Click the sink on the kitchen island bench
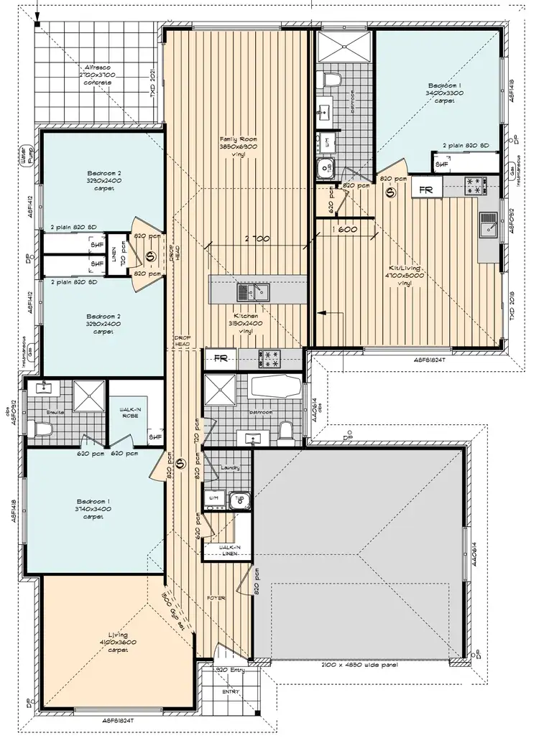(253, 291)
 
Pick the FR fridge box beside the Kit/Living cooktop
(426, 190)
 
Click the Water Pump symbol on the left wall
(27, 157)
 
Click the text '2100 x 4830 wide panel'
(361, 666)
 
